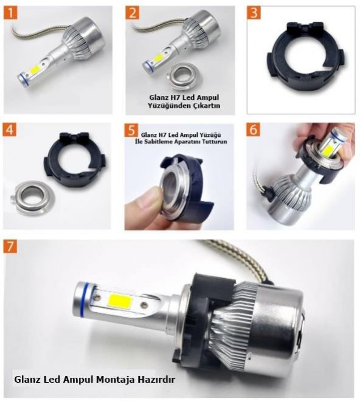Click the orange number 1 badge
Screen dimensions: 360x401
(x=10, y=13)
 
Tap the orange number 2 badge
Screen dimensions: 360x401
(x=133, y=13)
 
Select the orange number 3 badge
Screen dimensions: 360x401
(x=254, y=13)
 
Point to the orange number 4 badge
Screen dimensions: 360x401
(x=10, y=130)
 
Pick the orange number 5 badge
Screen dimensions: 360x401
(x=131, y=130)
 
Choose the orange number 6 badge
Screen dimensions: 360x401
(x=253, y=130)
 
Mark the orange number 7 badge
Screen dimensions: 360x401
(x=10, y=246)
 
